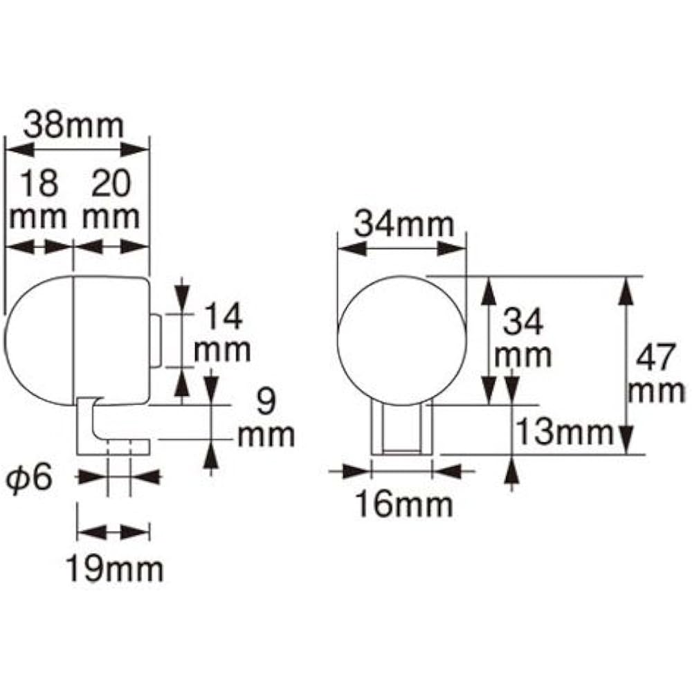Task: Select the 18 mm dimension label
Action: pyautogui.click(x=39, y=200)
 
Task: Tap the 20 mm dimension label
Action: pyautogui.click(x=111, y=200)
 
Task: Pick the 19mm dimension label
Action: pyautogui.click(x=114, y=570)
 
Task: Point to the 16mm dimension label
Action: pyautogui.click(x=403, y=504)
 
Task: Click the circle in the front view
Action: pyautogui.click(x=401, y=340)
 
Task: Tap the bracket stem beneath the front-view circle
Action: pyautogui.click(x=402, y=429)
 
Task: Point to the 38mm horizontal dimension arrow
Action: pyautogui.click(x=77, y=149)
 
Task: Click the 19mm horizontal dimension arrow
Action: pyautogui.click(x=113, y=531)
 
